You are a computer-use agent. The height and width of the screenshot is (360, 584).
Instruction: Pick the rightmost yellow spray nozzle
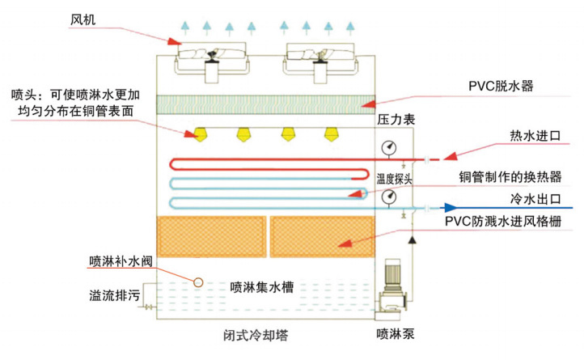point(329,132)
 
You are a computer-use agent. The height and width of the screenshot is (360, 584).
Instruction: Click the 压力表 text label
point(396,120)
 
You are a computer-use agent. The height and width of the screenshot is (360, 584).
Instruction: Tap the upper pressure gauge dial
point(391,148)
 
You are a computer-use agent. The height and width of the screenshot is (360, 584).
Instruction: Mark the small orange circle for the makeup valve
point(197,281)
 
